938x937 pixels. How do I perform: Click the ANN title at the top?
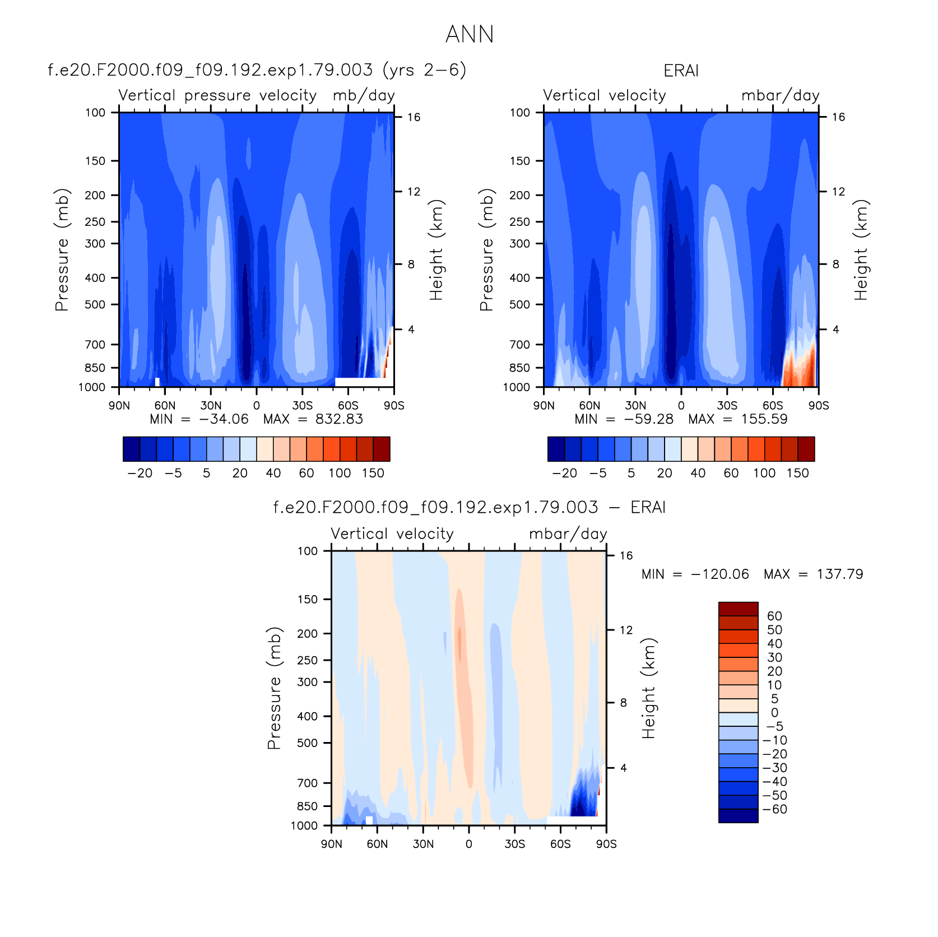470,35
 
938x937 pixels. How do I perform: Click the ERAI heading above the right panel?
681,71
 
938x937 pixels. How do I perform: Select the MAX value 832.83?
339,419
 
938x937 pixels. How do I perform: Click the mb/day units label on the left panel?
364,96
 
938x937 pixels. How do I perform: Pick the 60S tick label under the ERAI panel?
773,406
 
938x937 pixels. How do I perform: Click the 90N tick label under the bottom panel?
332,845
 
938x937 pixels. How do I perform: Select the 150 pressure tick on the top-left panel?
95,161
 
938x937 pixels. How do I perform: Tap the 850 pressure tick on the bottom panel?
307,806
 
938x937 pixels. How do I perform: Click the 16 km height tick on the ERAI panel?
838,117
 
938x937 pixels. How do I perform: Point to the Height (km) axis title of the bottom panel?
648,688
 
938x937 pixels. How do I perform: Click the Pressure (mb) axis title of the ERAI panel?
486,250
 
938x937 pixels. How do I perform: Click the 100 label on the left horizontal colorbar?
340,474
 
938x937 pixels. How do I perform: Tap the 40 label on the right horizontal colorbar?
698,474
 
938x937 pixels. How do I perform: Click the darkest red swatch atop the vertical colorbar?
738,609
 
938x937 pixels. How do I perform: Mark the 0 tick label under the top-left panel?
257,406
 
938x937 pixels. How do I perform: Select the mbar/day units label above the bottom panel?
568,534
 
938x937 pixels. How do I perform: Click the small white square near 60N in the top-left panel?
157,382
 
